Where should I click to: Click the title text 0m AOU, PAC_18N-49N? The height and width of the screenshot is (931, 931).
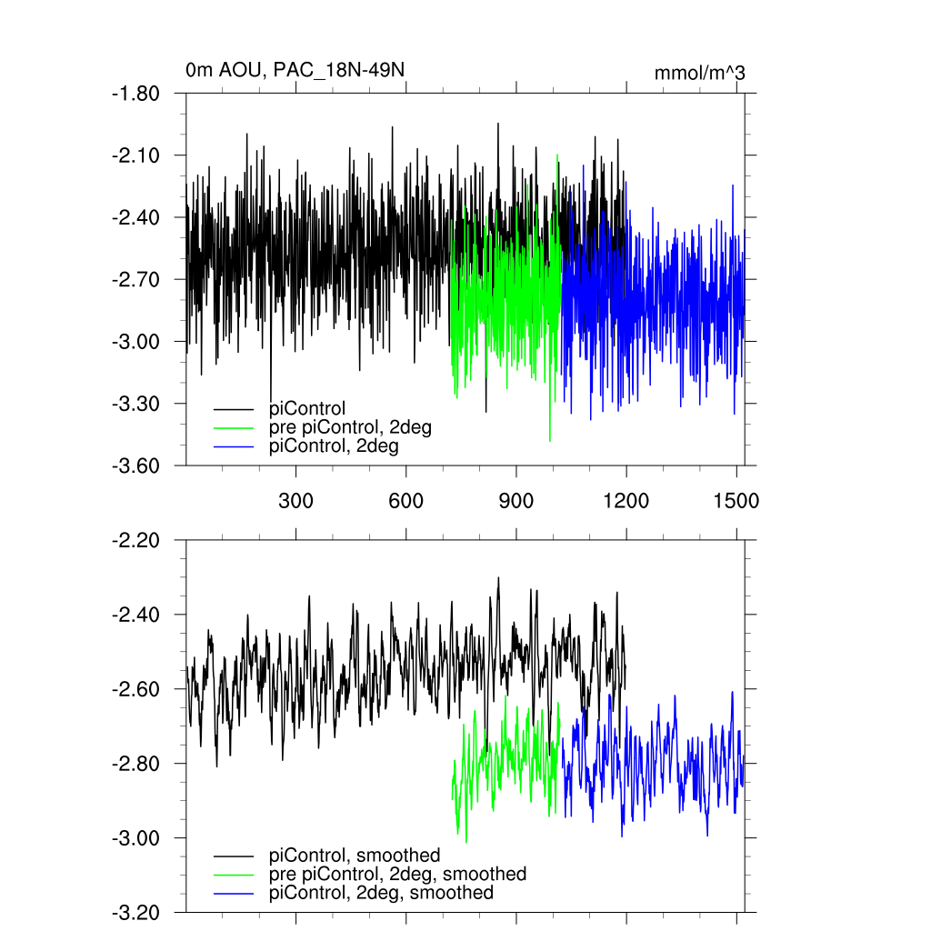tap(289, 71)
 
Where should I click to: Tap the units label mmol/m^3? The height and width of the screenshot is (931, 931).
tap(699, 73)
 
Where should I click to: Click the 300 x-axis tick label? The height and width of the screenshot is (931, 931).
tap(295, 501)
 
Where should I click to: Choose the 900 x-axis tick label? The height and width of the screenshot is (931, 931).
tap(516, 501)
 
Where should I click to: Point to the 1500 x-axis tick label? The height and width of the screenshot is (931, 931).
tap(736, 501)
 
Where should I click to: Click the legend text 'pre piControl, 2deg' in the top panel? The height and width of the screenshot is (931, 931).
tap(350, 427)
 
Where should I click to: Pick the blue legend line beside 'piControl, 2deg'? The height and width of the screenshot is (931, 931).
tap(234, 446)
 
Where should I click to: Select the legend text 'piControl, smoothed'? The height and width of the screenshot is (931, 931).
tap(355, 856)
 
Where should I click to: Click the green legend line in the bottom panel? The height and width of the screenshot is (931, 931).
tap(234, 875)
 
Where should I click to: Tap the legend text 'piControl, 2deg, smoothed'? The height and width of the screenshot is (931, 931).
tap(382, 893)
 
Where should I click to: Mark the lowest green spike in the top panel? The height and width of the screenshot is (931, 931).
tap(549, 441)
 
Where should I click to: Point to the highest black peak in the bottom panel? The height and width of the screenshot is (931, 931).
tap(498, 577)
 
